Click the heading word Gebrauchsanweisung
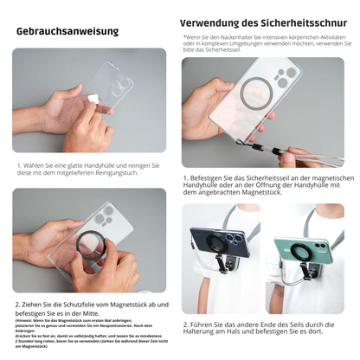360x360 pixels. [67, 32]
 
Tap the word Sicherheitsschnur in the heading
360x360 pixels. [299, 23]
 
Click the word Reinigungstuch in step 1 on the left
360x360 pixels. [113, 171]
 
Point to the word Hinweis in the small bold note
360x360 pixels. [29, 319]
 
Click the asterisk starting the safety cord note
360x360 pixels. [184, 37]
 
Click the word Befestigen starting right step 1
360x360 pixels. [209, 177]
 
